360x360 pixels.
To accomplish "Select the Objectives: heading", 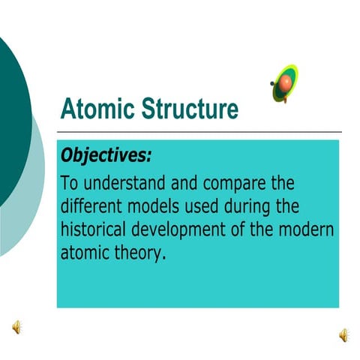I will pyautogui.click(x=106, y=155).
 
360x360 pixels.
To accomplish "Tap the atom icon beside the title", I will pyautogui.click(x=284, y=82).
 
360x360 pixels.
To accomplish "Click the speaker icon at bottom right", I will pyautogui.click(x=343, y=334).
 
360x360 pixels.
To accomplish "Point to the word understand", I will pyautogui.click(x=121, y=184).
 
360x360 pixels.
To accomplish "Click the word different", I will pyautogui.click(x=91, y=206).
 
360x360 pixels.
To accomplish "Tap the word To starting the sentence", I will pyautogui.click(x=69, y=184).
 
